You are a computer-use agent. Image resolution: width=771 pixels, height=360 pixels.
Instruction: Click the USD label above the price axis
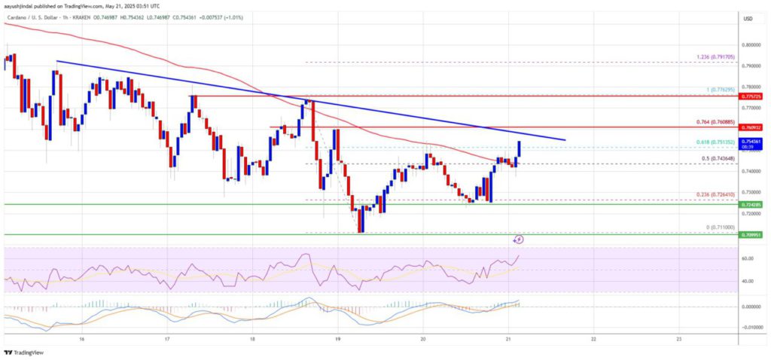point(748,18)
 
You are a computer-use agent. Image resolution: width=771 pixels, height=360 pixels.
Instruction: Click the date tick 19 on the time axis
point(338,340)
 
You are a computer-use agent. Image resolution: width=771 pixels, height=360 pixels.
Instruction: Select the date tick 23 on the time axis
point(679,340)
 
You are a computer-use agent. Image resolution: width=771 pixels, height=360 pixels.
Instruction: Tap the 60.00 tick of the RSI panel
point(748,258)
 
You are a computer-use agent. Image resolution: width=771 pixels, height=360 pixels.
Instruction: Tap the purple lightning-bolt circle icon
point(518,239)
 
